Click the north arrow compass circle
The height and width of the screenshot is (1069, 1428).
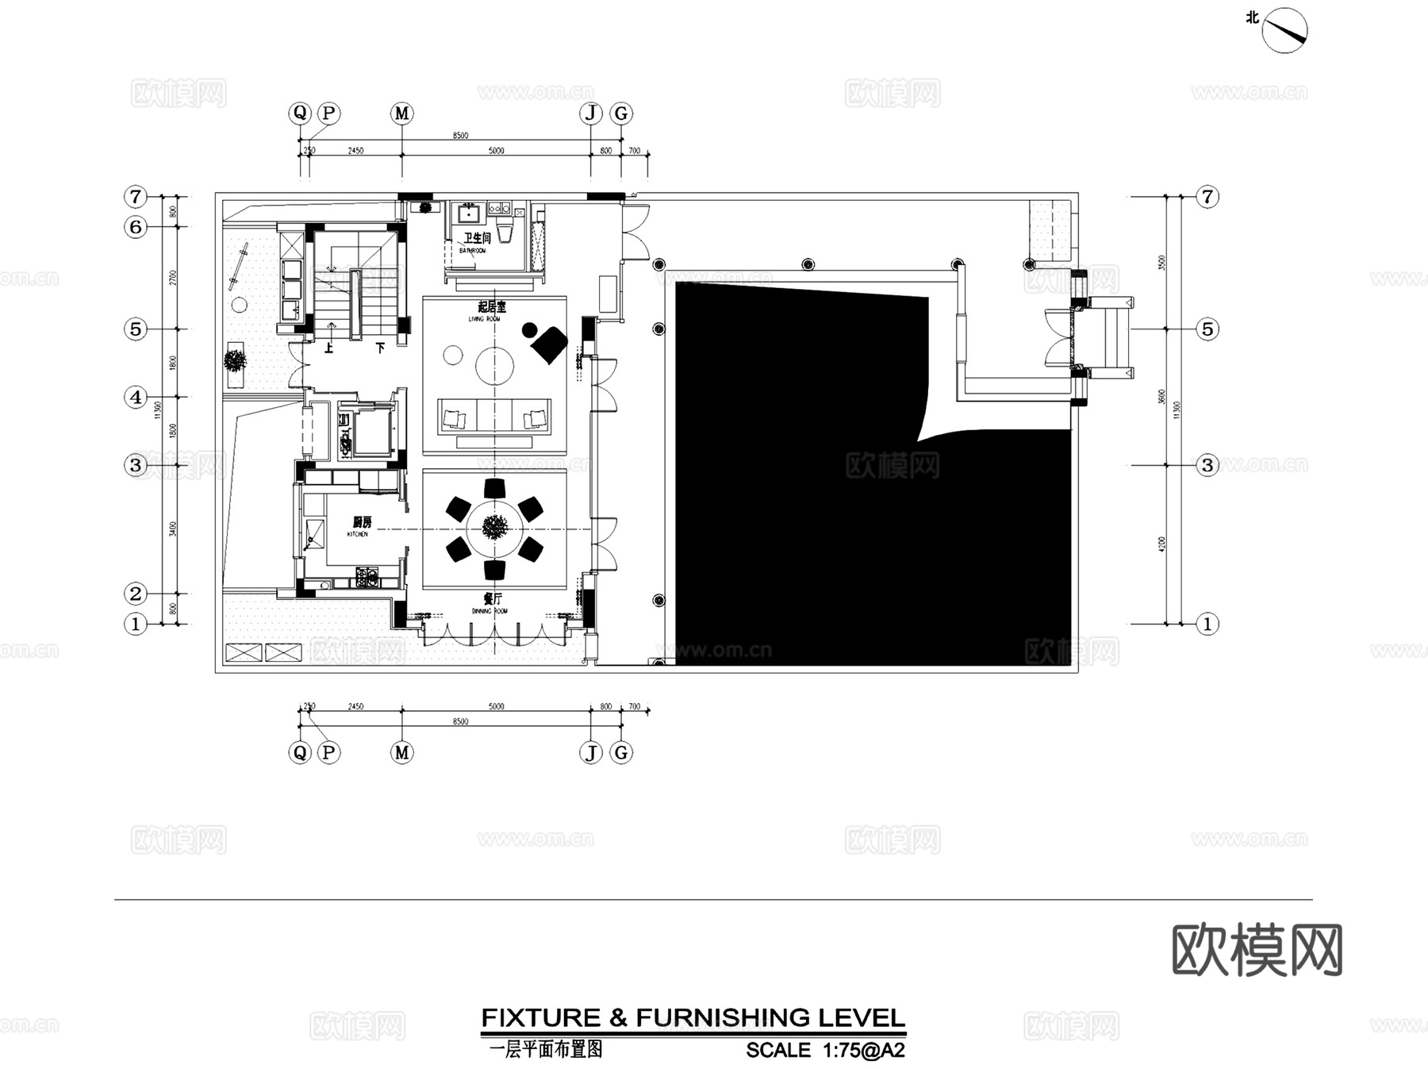click(x=1284, y=31)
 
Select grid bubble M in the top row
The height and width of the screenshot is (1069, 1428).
click(x=402, y=113)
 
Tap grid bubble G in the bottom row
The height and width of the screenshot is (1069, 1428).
click(x=621, y=752)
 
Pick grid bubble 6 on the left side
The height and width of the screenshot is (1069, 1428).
click(x=136, y=227)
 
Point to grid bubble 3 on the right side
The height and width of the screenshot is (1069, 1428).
click(x=1207, y=465)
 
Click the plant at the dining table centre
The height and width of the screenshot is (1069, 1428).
click(x=495, y=528)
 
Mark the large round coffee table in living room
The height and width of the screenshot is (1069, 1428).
click(x=494, y=367)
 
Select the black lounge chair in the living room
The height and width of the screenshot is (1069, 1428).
click(x=548, y=343)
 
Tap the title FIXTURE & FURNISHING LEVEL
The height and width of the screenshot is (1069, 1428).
click(x=693, y=1018)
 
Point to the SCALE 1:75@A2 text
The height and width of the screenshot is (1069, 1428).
click(x=825, y=1051)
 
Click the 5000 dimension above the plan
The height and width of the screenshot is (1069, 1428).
click(x=496, y=150)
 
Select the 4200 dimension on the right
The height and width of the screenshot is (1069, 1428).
click(x=1161, y=544)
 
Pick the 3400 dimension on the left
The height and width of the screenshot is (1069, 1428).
click(x=173, y=529)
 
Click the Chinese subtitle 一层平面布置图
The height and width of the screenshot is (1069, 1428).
click(x=546, y=1050)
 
